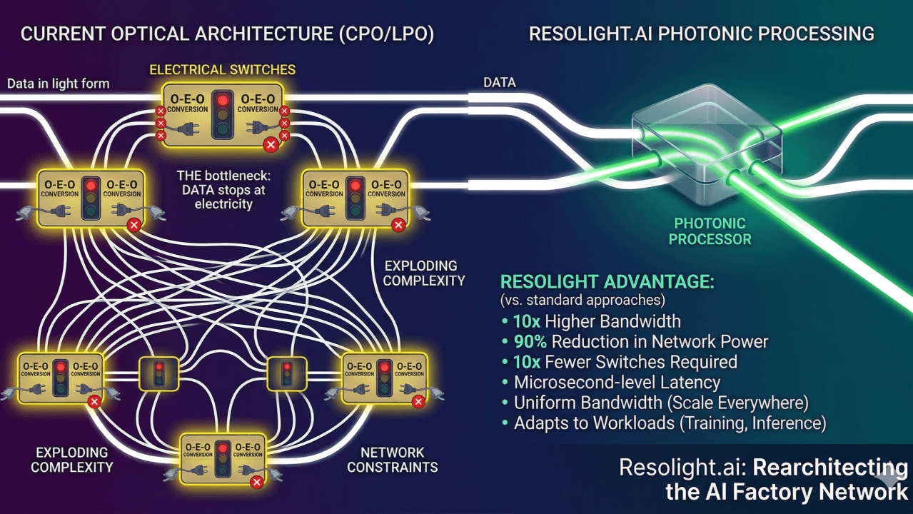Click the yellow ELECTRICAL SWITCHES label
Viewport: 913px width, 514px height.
222,70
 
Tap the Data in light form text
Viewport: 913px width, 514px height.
59,84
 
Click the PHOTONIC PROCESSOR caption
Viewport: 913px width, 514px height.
710,231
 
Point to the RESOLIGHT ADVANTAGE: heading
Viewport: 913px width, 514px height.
607,281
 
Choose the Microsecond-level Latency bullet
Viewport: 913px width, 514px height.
617,382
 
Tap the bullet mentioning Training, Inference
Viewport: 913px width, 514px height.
670,423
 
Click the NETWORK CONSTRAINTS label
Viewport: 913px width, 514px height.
392,459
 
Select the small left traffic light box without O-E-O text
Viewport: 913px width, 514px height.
158,373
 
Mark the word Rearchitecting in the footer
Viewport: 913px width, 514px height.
830,468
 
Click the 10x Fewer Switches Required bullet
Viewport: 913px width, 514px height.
625,361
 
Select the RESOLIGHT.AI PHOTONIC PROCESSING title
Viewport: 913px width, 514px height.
701,34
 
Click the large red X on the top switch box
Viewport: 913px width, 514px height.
270,145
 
